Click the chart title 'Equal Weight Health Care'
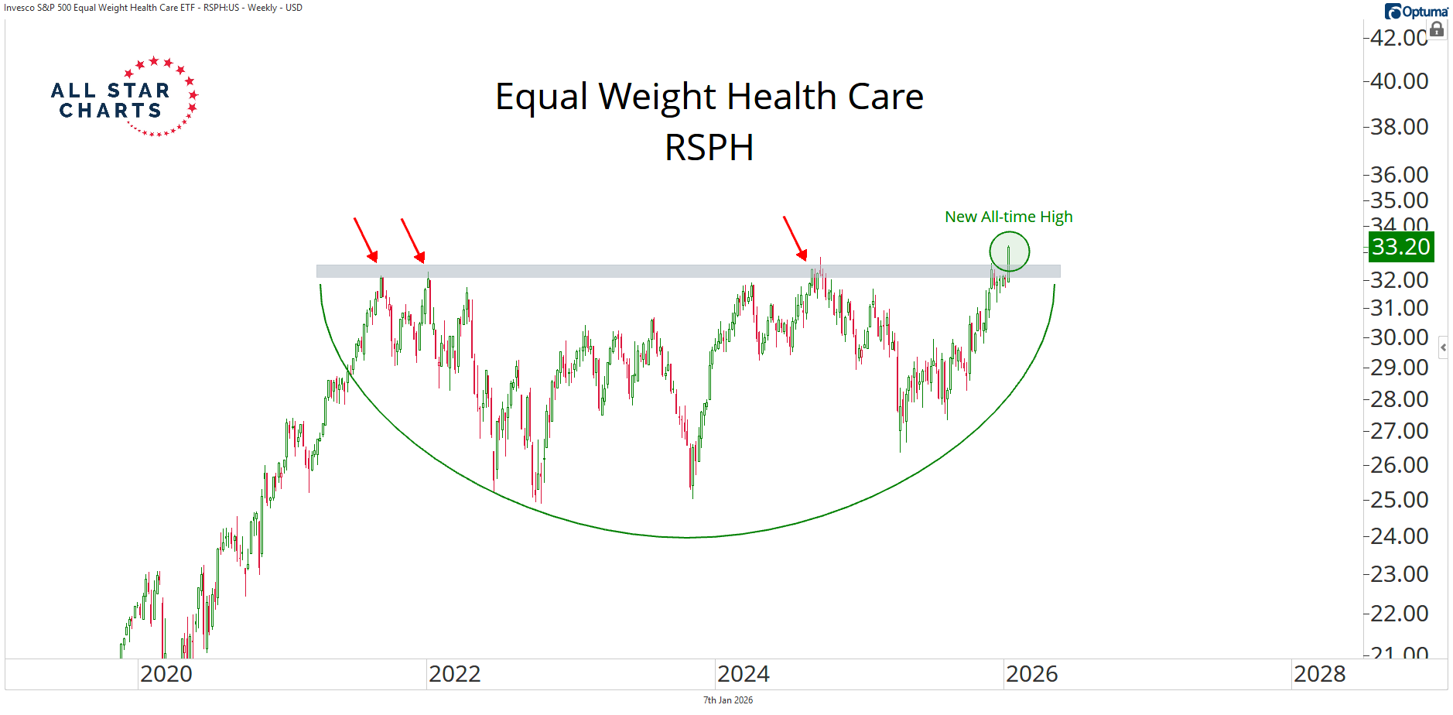coord(709,97)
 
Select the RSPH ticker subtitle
coord(709,147)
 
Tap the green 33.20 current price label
coord(1400,247)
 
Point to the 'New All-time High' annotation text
coord(1008,217)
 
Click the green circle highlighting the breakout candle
coord(1009,251)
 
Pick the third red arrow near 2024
coord(795,238)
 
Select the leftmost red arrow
coord(365,240)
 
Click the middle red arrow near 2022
coord(412,240)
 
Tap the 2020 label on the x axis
coord(166,674)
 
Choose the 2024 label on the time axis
coord(743,674)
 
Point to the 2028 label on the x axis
coord(1319,674)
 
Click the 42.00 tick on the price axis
coord(1398,37)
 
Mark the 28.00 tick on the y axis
coord(1399,399)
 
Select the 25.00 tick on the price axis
coord(1399,500)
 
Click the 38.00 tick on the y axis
coord(1399,127)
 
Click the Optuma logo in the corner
coord(1416,12)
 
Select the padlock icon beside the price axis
coord(1437,30)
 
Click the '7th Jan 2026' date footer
coord(727,700)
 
